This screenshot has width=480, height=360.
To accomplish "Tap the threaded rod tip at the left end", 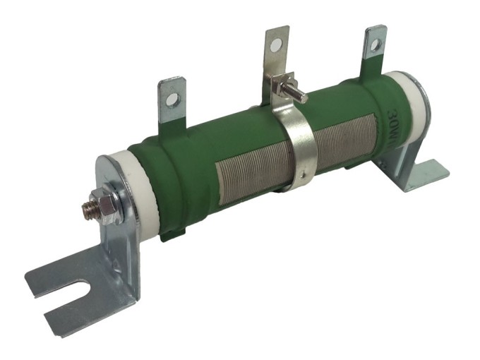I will click(88, 208).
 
